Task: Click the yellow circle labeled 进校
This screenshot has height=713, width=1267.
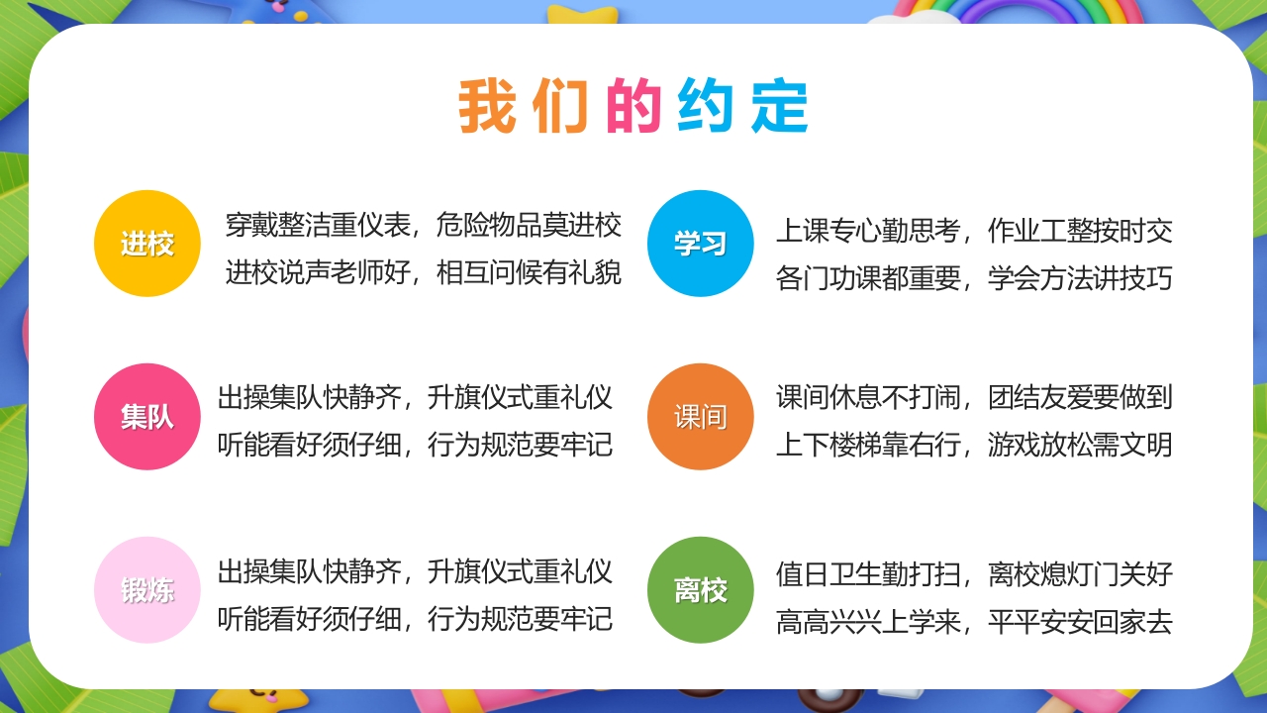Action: (x=146, y=244)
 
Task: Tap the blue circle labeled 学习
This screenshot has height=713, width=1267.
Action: (x=700, y=244)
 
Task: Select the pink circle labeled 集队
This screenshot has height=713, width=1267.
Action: (x=146, y=417)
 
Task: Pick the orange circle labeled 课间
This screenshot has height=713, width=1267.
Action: (x=700, y=417)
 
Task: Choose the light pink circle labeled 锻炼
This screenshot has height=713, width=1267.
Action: (x=146, y=590)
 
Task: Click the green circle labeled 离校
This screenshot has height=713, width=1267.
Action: (x=700, y=590)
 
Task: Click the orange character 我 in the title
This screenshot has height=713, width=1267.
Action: (x=487, y=106)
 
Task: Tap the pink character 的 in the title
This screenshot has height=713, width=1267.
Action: (x=633, y=106)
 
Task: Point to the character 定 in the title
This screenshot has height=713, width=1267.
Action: (x=779, y=106)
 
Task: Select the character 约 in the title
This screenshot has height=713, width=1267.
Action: (x=706, y=106)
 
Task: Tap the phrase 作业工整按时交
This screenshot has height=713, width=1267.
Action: (x=1080, y=232)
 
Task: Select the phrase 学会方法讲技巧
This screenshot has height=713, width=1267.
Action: (x=1080, y=278)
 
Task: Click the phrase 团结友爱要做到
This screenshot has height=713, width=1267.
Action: (x=1080, y=398)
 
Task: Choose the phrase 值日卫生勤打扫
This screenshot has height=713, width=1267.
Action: (x=868, y=574)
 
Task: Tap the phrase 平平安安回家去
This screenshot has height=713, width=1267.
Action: (x=1080, y=622)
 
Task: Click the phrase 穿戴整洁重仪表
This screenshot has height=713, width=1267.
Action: (x=317, y=226)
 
